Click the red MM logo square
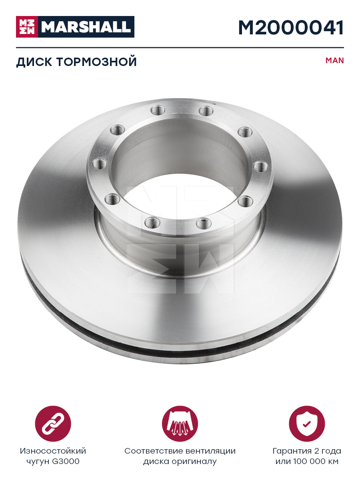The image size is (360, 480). coord(27,27)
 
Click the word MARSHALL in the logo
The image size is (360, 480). coord(86,27)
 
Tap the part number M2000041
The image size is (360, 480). coord(291,28)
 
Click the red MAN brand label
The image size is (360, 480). coord(335,60)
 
